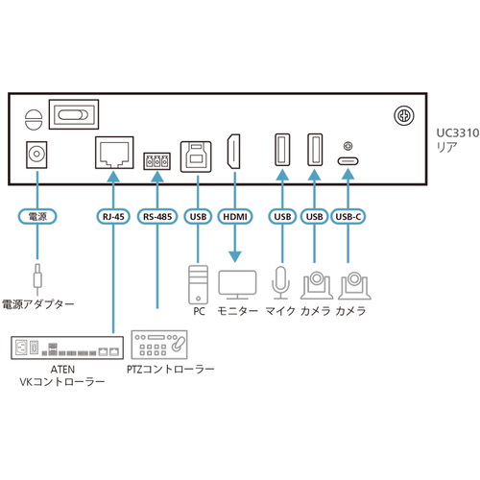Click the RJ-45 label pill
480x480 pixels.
coord(113,217)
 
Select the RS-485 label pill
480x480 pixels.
coord(157,217)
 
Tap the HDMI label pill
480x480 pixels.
coord(235,217)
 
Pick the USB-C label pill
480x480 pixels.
coord(348,217)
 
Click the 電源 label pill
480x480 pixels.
coord(37,217)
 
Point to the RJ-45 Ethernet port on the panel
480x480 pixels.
coord(114,153)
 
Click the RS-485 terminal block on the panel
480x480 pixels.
coord(156,161)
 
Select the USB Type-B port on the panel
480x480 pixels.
coord(196,156)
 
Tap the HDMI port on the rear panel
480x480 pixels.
coord(234,152)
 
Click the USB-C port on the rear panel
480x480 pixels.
coord(348,160)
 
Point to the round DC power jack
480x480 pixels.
coord(36,155)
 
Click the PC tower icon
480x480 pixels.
coord(198,284)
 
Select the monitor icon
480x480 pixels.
coord(237,284)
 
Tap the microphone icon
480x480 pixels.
coord(281,282)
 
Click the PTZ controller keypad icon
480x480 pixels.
coord(159,345)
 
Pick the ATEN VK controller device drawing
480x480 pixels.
coord(67,348)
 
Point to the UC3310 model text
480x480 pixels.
coord(458,133)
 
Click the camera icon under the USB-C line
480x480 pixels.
coord(354,285)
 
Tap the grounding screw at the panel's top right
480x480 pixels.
coord(404,115)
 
